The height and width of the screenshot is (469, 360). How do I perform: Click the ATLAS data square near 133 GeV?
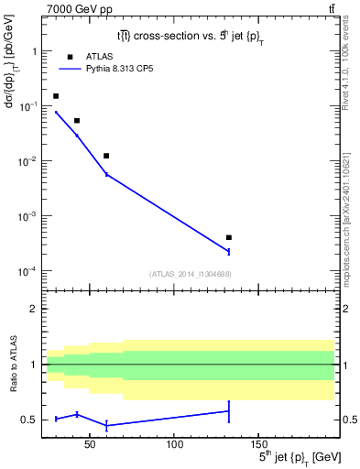tap(229, 237)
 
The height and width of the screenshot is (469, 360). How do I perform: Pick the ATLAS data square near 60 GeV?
tap(107, 156)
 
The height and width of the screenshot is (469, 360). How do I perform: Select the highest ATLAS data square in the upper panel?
tap(56, 96)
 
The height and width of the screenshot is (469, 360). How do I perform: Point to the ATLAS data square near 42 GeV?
tap(77, 121)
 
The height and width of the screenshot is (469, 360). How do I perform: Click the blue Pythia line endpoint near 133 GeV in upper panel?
tap(229, 251)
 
